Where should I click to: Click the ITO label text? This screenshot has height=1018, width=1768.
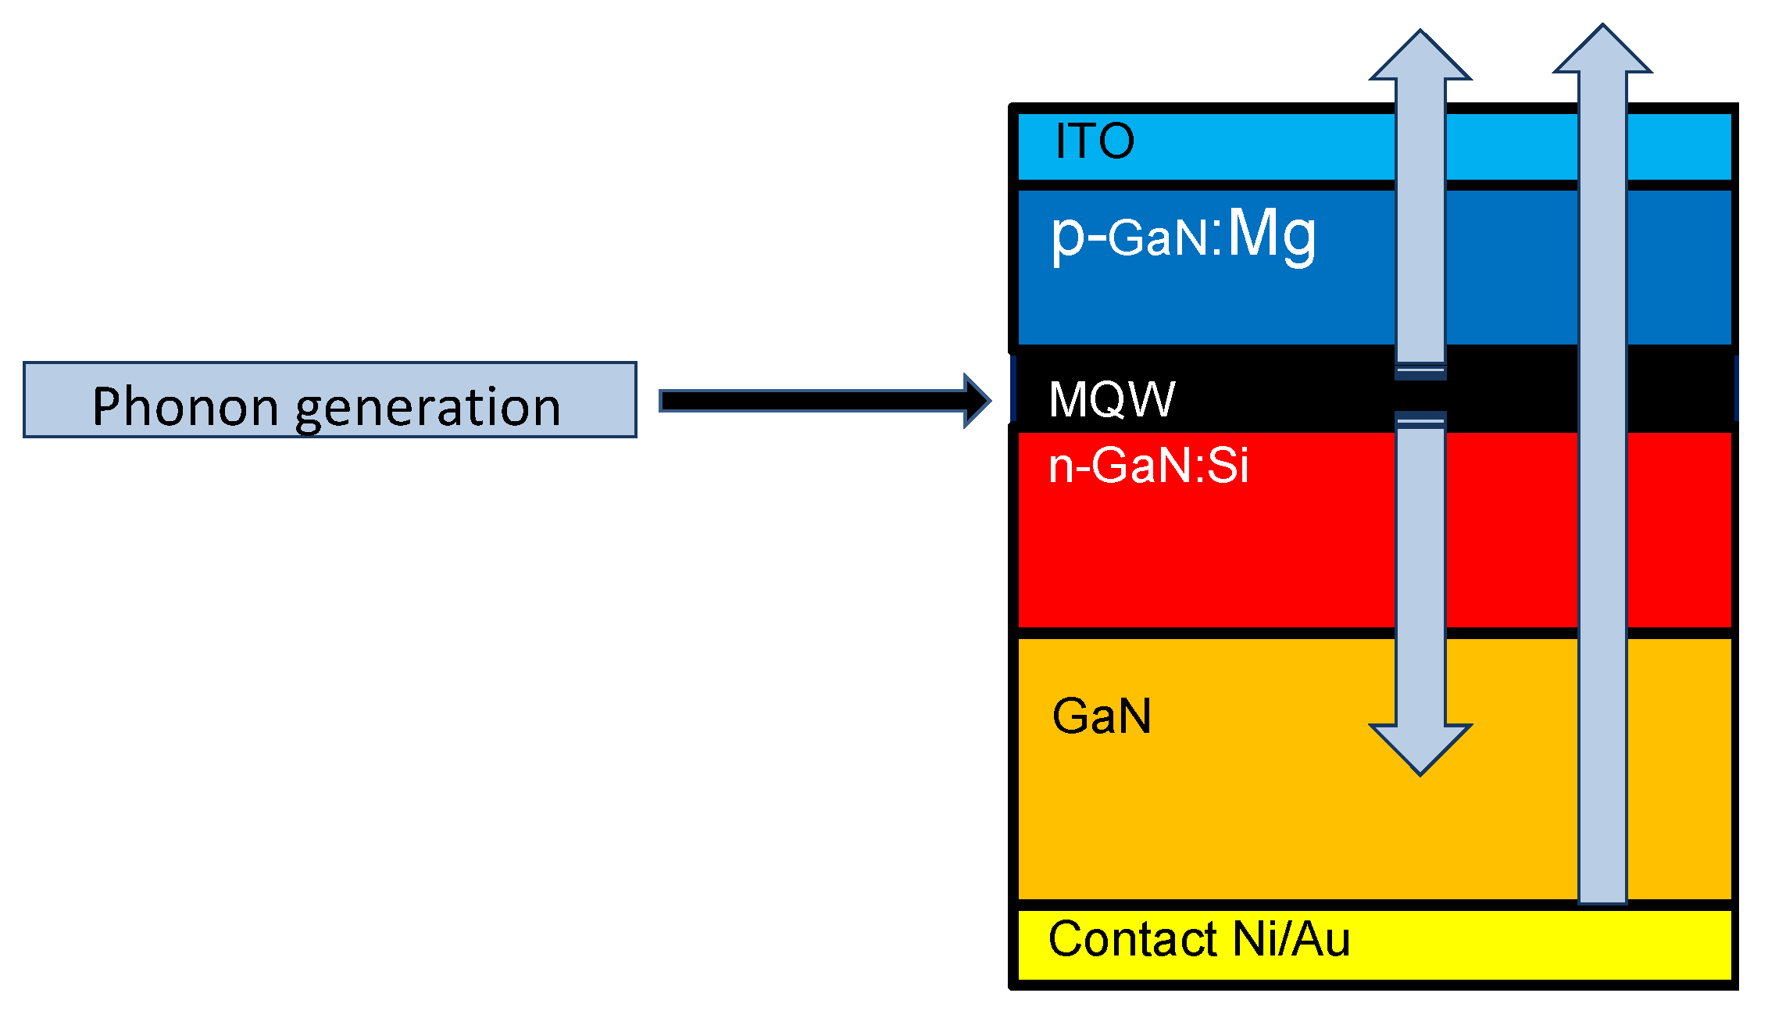pyautogui.click(x=1094, y=141)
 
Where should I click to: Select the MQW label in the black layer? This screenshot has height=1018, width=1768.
pyautogui.click(x=1112, y=399)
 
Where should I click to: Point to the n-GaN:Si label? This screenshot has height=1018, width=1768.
pyautogui.click(x=1148, y=466)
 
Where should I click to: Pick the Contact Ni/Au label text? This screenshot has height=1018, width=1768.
pyautogui.click(x=1198, y=939)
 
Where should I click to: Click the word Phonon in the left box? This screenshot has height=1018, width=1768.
pyautogui.click(x=184, y=406)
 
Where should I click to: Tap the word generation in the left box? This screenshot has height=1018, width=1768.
pyautogui.click(x=427, y=408)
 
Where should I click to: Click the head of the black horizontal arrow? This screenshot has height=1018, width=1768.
pyautogui.click(x=977, y=401)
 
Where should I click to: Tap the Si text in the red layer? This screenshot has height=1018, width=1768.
pyautogui.click(x=1228, y=466)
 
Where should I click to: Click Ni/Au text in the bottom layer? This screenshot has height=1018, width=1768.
pyautogui.click(x=1290, y=939)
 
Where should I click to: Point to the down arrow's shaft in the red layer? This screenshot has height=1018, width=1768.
pyautogui.click(x=1420, y=531)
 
